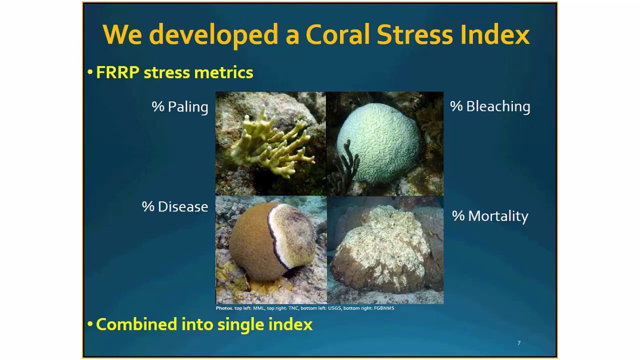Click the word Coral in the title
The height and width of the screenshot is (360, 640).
click(x=337, y=35)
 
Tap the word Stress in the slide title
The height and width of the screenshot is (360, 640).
click(x=414, y=35)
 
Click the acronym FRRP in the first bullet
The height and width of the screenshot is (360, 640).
click(x=117, y=72)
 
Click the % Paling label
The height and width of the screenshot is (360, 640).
click(x=180, y=107)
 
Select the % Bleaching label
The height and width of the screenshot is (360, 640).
click(x=490, y=106)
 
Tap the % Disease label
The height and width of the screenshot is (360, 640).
click(x=175, y=207)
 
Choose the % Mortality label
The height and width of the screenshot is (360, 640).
click(x=490, y=216)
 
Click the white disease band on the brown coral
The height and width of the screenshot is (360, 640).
click(x=274, y=235)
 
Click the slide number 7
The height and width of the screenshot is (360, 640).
click(x=519, y=343)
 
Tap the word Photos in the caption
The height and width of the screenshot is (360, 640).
click(x=224, y=308)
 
